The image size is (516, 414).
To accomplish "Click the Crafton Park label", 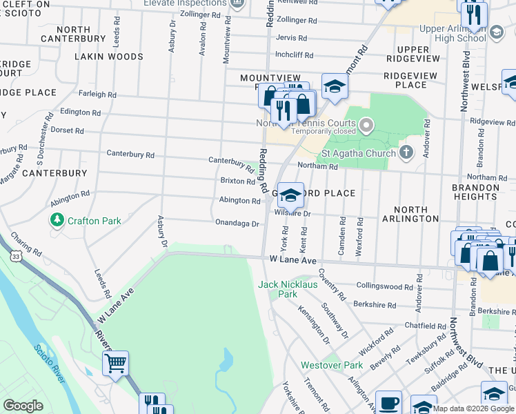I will click(94, 221).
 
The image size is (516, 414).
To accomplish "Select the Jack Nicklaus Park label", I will click(288, 289).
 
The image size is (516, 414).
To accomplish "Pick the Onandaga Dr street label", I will click(237, 224).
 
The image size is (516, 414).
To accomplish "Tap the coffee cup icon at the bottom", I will click(388, 403).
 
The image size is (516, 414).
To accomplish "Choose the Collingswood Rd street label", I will click(385, 286).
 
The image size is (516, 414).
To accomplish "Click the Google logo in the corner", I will click(23, 405).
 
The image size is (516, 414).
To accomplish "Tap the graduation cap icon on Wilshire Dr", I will click(290, 195).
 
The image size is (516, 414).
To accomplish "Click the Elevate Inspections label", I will click(185, 3).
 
